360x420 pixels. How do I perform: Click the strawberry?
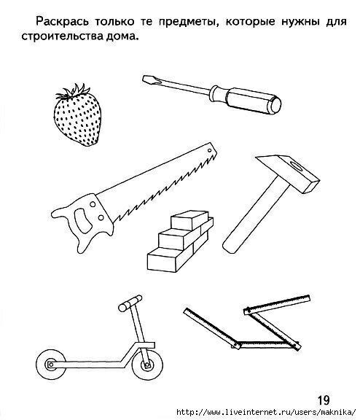pyautogui.click(x=77, y=118)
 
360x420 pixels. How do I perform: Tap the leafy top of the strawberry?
pyautogui.click(x=74, y=91)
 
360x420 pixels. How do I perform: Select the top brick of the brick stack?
pyautogui.click(x=189, y=219)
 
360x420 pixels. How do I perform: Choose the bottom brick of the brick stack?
pyautogui.click(x=171, y=259)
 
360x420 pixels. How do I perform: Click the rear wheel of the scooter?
pyautogui.click(x=51, y=365)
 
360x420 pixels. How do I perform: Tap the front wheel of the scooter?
pyautogui.click(x=147, y=365)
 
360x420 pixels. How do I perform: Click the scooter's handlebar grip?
pyautogui.click(x=130, y=303)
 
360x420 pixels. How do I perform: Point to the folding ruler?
pyautogui.click(x=247, y=324)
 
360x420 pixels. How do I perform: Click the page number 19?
pyautogui.click(x=324, y=400)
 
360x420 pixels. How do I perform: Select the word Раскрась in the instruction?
pyautogui.click(x=62, y=22)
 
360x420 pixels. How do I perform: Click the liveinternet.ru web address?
pyautogui.click(x=266, y=412)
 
